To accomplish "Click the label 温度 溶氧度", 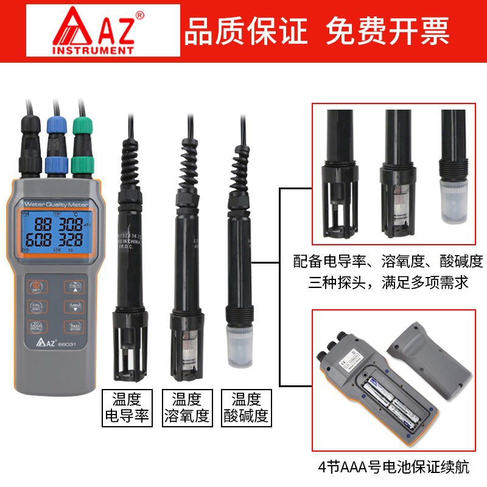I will [186, 408].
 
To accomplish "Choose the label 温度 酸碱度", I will [245, 408].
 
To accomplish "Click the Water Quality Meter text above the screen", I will [53, 202].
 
